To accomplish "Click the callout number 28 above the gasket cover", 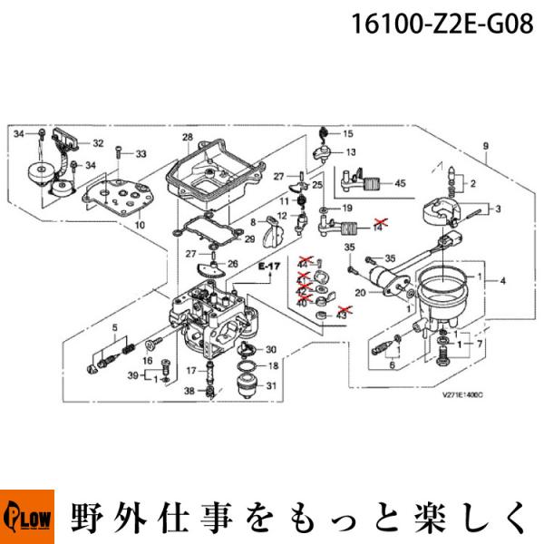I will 188,138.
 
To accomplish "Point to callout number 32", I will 98,143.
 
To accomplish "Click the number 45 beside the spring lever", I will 400,184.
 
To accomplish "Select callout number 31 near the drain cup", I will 271,387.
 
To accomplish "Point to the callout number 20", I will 360,292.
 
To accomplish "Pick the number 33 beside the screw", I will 141,154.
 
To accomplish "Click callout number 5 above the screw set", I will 114,326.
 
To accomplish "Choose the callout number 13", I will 349,151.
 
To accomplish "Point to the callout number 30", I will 271,350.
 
